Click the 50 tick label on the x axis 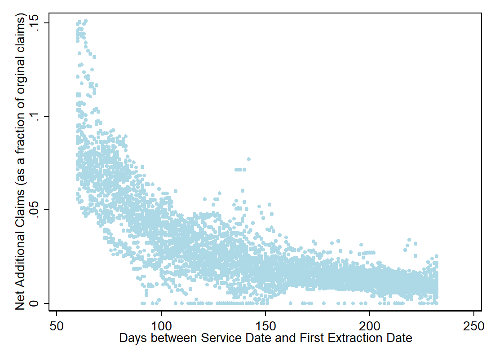(x=57, y=325)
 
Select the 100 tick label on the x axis (x=161, y=325)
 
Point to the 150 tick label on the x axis (x=265, y=325)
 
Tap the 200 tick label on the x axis (x=370, y=325)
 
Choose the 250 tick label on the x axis (x=474, y=325)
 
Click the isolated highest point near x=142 (x=248, y=159)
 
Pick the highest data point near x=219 (x=409, y=240)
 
